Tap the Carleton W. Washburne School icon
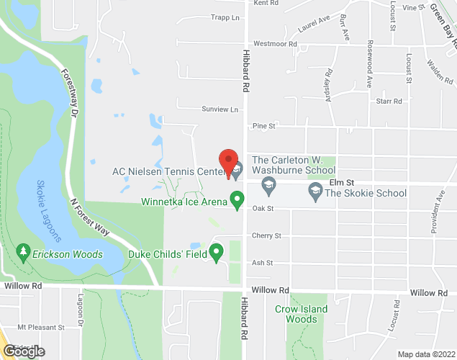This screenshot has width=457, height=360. (x=268, y=187)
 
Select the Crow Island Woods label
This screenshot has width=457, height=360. (x=301, y=314)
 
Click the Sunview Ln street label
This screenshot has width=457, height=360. (x=219, y=109)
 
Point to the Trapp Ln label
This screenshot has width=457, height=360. (x=225, y=17)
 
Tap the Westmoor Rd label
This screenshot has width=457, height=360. (x=275, y=44)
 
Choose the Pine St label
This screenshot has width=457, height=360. (x=264, y=126)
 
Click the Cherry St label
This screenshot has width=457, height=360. (x=266, y=235)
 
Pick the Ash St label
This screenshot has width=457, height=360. (x=262, y=263)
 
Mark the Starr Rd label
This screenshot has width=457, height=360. (x=389, y=102)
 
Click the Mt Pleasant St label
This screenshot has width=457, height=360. (x=40, y=327)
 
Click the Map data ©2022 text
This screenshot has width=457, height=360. (x=425, y=354)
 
